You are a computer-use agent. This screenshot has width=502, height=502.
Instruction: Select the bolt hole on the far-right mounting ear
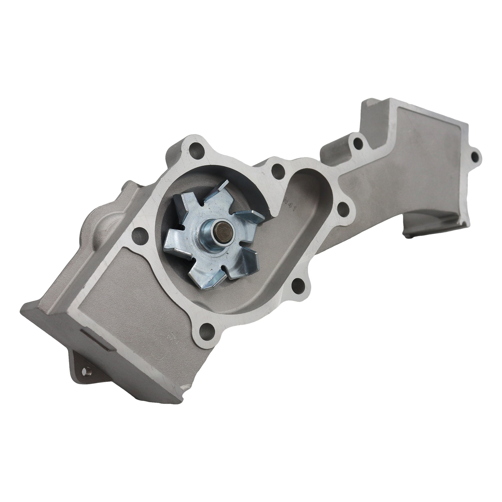pyautogui.click(x=474, y=156)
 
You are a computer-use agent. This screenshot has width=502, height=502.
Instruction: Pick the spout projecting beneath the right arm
pyautogui.click(x=421, y=223)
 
